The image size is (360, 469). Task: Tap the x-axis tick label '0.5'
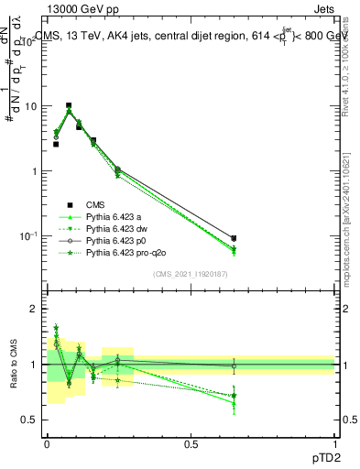tap(191, 442)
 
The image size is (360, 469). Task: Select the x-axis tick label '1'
tap(334, 442)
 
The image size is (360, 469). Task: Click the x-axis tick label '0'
tap(47, 442)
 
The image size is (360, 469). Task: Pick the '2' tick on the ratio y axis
tap(34, 309)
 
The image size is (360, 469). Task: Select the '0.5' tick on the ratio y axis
tap(29, 420)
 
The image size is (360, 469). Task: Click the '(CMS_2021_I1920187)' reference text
tap(191, 274)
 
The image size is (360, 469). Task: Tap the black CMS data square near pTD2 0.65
tap(234, 238)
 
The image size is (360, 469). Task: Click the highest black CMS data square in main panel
tap(69, 105)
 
